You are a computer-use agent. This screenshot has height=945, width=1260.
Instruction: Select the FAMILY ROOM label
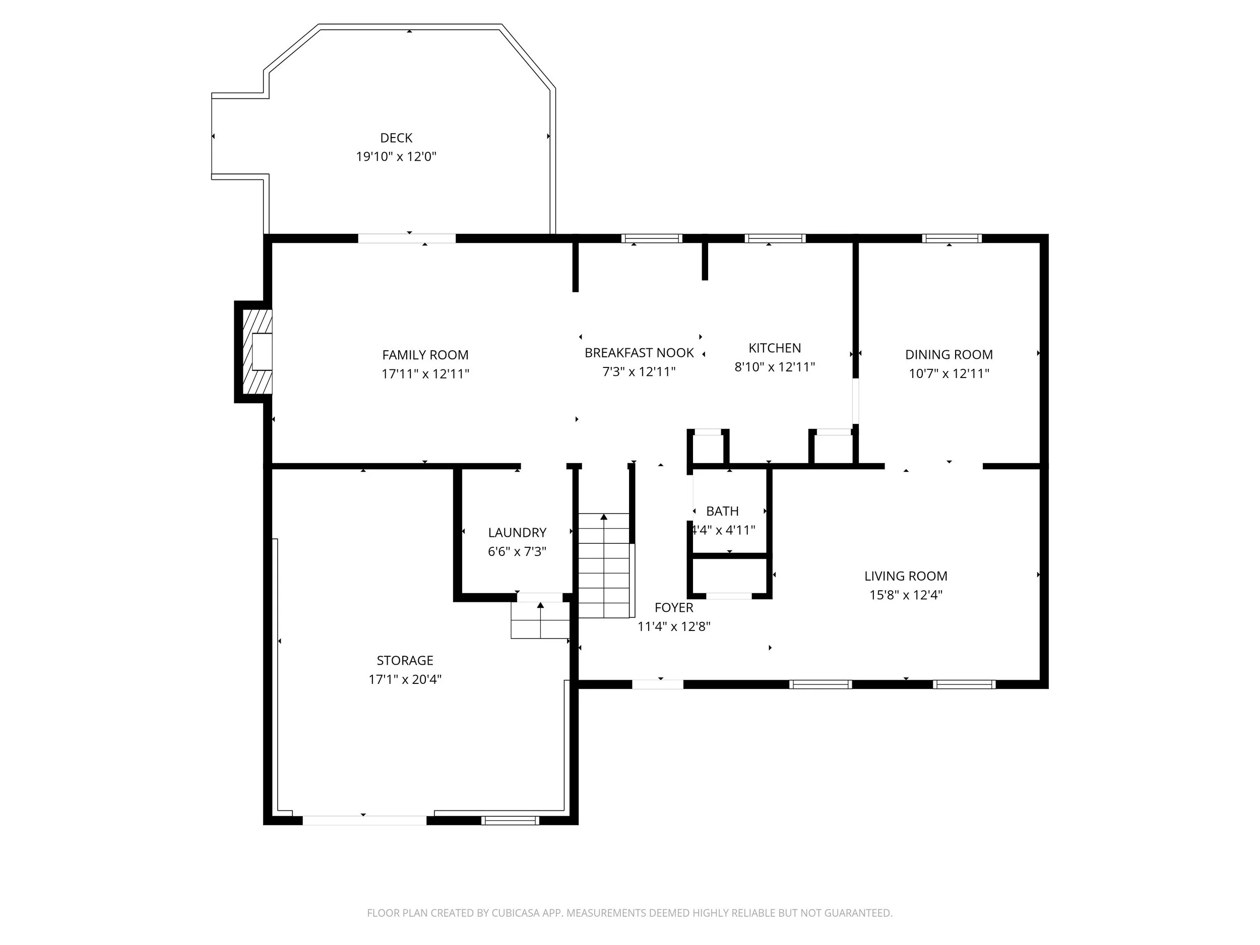click(425, 355)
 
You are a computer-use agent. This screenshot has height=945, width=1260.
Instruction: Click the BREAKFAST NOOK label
click(639, 353)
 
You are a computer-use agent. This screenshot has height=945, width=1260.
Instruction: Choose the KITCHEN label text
click(775, 348)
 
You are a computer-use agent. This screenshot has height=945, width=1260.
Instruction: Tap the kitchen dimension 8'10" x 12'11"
click(775, 367)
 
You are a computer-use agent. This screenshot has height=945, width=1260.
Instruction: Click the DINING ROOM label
click(949, 354)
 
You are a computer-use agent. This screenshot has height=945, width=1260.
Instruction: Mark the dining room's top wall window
click(952, 238)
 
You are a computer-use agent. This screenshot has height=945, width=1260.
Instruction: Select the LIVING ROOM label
click(906, 576)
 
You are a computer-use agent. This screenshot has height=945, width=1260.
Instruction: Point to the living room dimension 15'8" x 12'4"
click(906, 595)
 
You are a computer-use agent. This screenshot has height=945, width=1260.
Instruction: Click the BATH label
click(722, 511)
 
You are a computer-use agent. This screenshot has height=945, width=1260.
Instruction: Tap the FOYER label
click(674, 608)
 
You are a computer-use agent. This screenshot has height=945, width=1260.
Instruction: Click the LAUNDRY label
click(517, 533)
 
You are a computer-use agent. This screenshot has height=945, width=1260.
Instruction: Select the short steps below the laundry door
click(540, 620)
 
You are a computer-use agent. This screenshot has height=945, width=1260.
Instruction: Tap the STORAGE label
click(405, 660)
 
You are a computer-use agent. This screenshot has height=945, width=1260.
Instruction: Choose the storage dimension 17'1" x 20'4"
click(405, 679)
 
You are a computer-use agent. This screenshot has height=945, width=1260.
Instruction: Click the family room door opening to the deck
click(407, 238)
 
